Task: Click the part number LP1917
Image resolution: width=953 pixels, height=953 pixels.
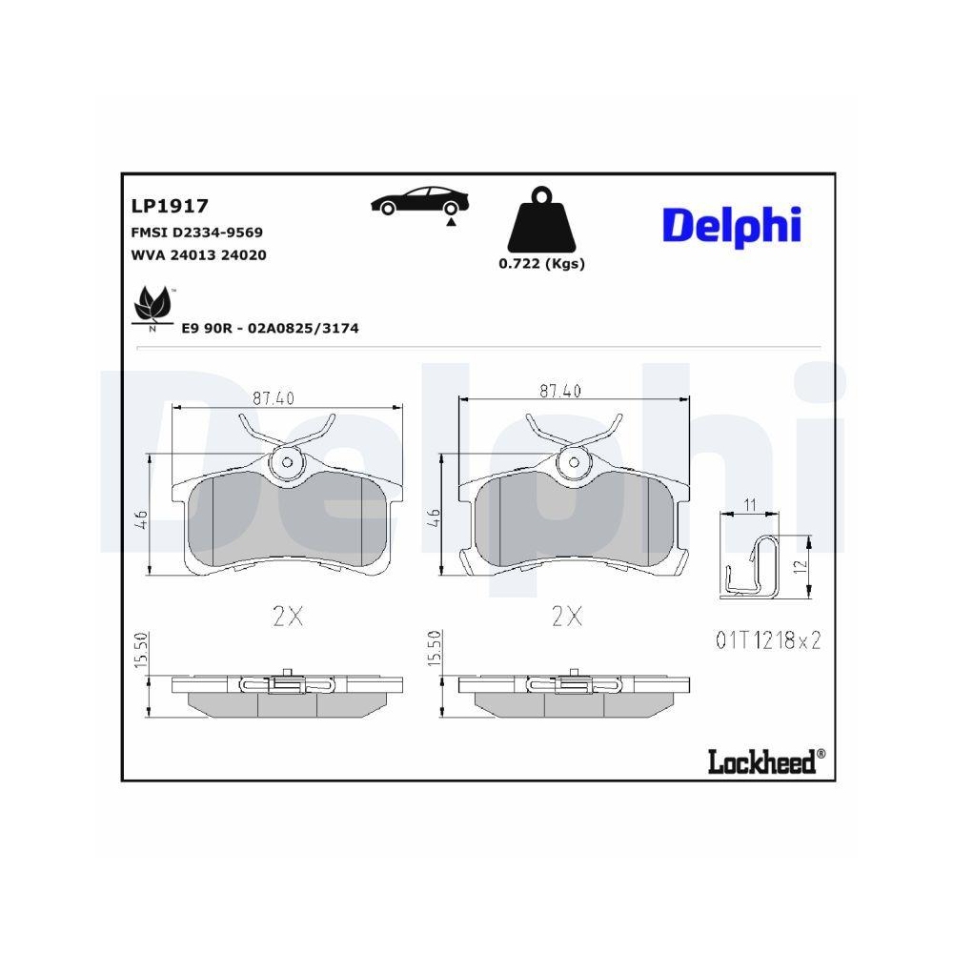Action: pyautogui.click(x=169, y=204)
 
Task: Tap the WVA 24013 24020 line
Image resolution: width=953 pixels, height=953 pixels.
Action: pyautogui.click(x=197, y=254)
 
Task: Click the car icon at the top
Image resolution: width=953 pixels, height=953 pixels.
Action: pyautogui.click(x=420, y=201)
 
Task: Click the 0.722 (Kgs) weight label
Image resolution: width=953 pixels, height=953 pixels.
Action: pyautogui.click(x=541, y=264)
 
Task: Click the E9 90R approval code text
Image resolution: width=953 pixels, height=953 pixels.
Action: pyautogui.click(x=270, y=328)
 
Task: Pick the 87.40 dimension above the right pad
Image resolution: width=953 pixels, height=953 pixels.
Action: pyautogui.click(x=559, y=391)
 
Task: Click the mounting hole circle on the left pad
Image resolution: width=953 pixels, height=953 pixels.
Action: pyautogui.click(x=286, y=463)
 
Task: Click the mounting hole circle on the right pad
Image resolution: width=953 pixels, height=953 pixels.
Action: pyautogui.click(x=574, y=463)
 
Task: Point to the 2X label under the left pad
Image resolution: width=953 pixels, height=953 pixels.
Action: pyautogui.click(x=287, y=618)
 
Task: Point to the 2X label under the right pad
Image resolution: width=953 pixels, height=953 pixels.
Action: pyautogui.click(x=567, y=618)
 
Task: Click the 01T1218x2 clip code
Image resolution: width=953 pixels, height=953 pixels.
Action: pyautogui.click(x=767, y=640)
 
